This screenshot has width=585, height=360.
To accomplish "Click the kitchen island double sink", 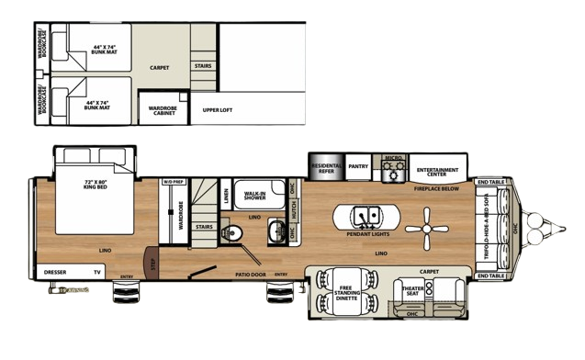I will point(366,217).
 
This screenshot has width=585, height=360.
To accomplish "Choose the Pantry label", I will point(358,166).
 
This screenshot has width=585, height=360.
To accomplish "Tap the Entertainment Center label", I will point(437,170).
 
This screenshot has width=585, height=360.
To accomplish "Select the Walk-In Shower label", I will point(254,195).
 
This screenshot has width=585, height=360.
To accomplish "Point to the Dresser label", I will point(55,272).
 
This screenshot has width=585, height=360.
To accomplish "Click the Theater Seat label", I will point(412,291).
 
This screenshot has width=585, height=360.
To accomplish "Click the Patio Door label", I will point(250,274).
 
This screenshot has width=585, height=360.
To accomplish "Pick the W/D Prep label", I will point(173,181).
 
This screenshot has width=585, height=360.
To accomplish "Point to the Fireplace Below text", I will point(436,188).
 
